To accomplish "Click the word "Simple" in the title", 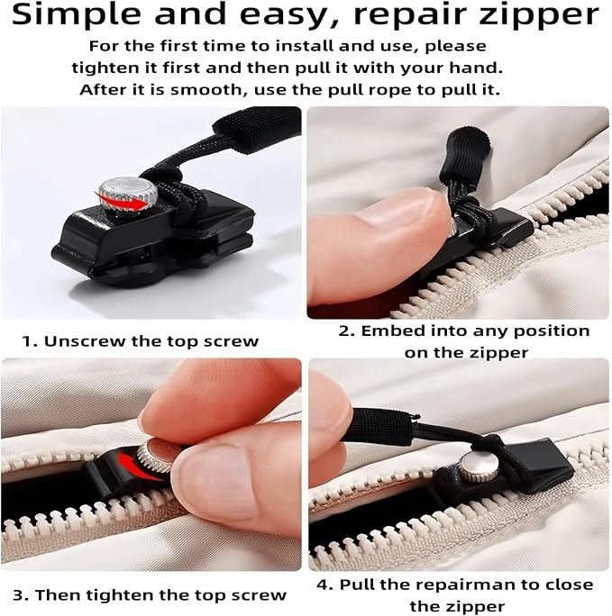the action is pyautogui.click(x=77, y=15).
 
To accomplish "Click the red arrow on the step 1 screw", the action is pyautogui.click(x=117, y=195).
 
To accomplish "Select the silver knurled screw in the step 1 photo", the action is pyautogui.click(x=127, y=195).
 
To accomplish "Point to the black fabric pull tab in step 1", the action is pyautogui.click(x=255, y=128).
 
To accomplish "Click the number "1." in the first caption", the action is pyautogui.click(x=29, y=341).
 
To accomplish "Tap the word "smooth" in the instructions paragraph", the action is pyautogui.click(x=209, y=90).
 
